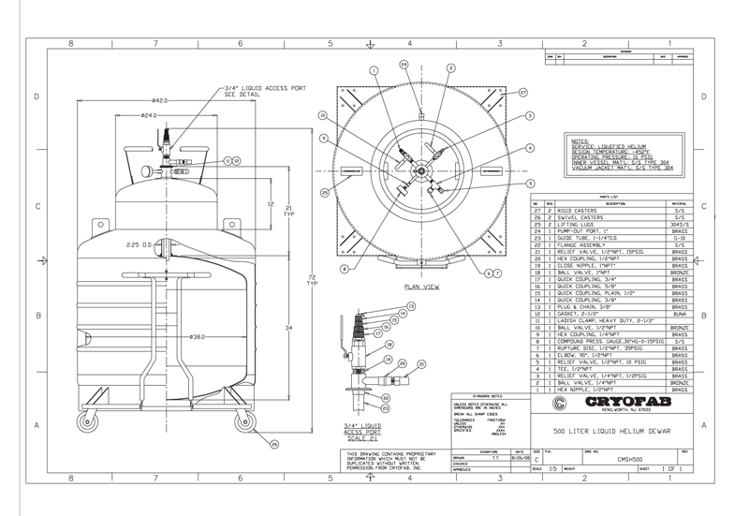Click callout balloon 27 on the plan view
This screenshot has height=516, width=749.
(524, 92)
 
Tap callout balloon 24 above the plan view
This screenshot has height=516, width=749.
(404, 65)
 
